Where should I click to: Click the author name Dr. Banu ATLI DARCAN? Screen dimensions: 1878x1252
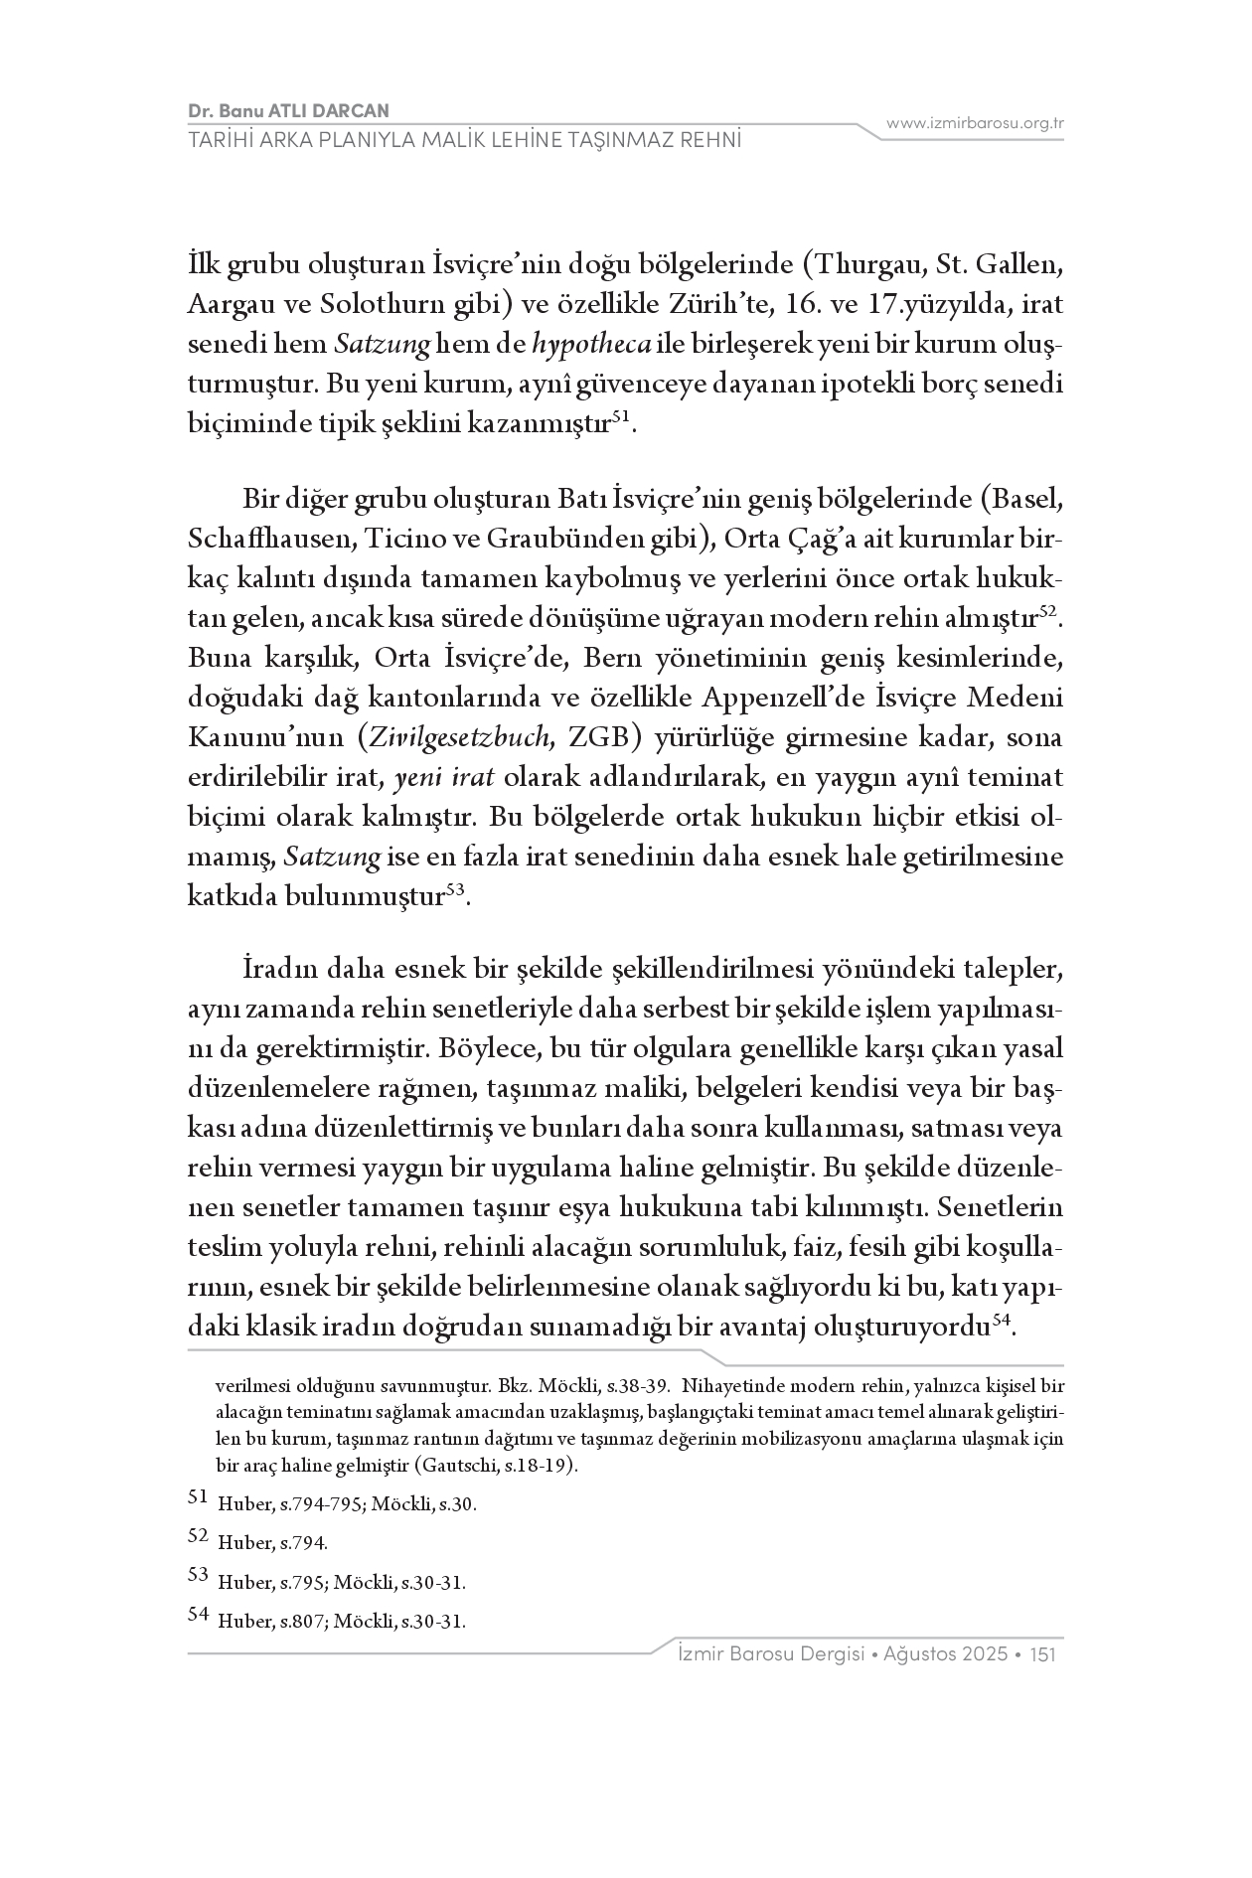287,111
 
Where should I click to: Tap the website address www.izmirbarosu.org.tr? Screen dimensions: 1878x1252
975,123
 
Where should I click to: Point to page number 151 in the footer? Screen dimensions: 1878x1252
1042,1654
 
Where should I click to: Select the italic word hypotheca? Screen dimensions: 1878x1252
592,344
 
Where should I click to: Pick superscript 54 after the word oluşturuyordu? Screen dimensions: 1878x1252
1001,1322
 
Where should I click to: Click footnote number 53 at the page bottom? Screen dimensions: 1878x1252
199,1574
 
